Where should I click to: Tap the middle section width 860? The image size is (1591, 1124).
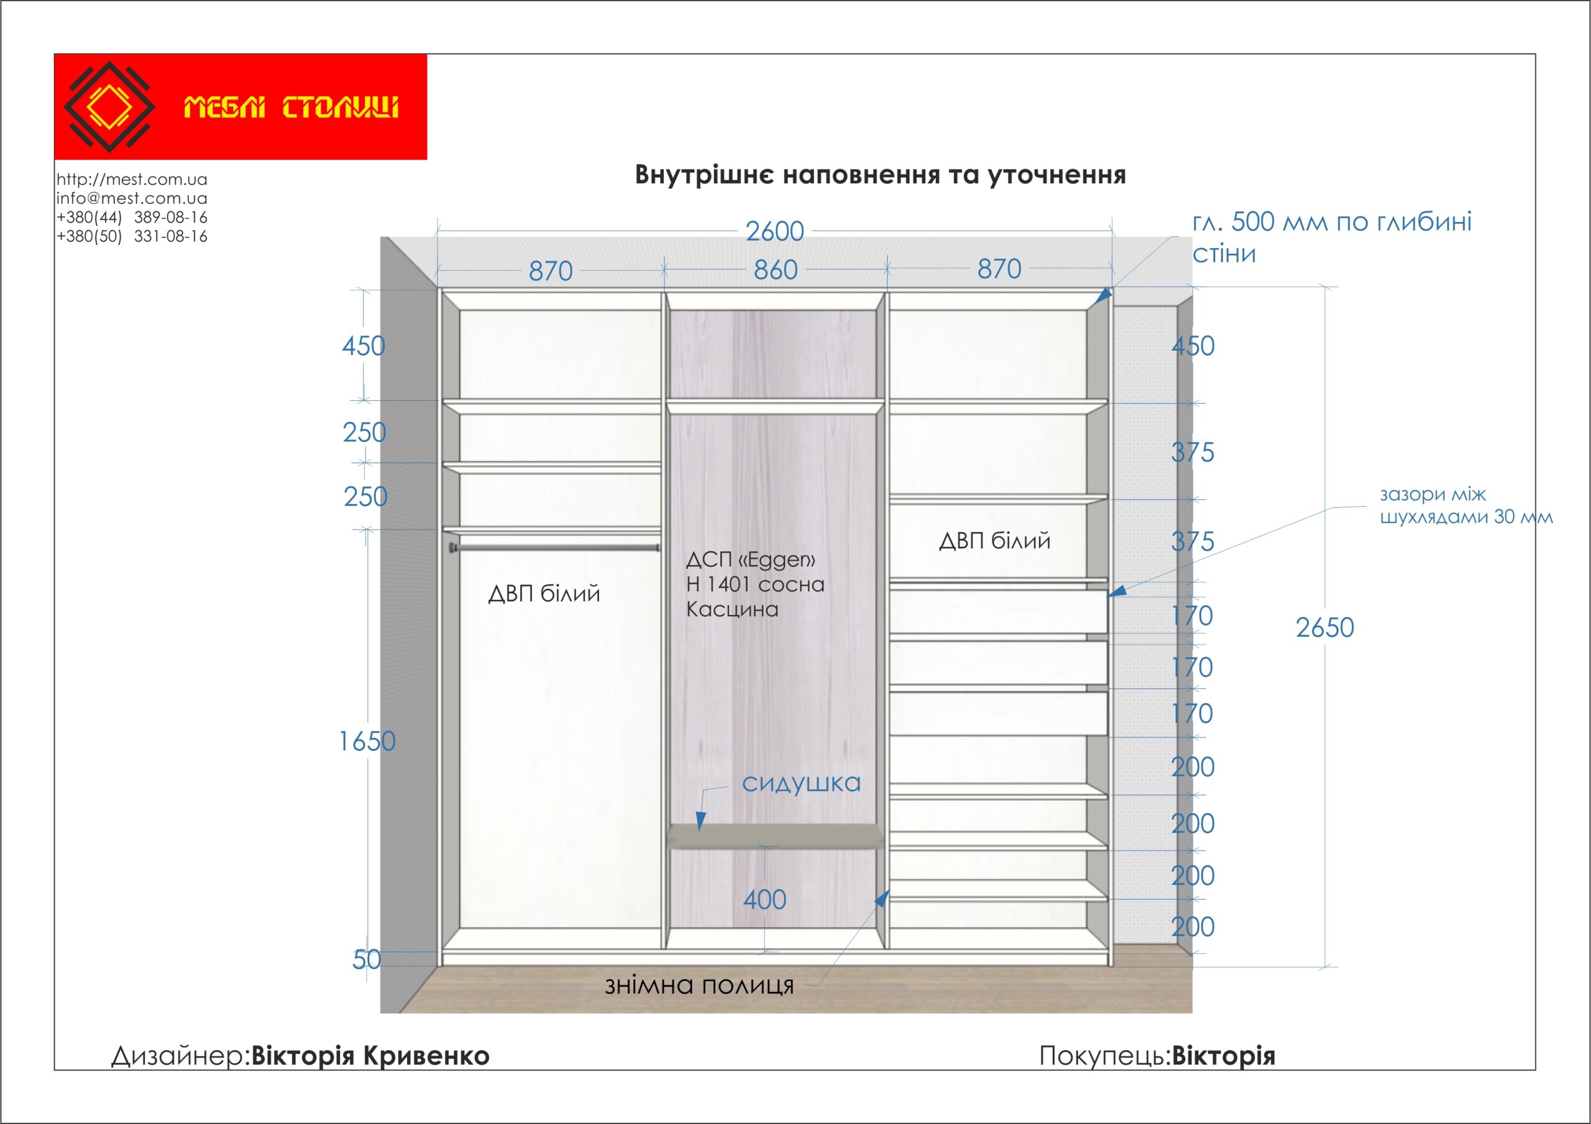(x=776, y=270)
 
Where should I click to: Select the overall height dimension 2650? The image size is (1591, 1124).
(x=1324, y=628)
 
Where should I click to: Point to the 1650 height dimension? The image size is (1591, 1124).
(x=367, y=742)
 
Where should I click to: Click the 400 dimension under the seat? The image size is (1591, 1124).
(x=764, y=900)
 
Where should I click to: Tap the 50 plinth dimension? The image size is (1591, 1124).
(x=367, y=960)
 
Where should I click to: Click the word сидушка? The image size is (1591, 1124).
(x=801, y=784)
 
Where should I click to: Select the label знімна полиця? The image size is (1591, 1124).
(x=699, y=985)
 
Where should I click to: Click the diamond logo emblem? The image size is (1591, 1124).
(x=109, y=107)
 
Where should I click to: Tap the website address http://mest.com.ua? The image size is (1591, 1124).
(x=132, y=180)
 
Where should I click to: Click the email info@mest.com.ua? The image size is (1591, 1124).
(x=132, y=198)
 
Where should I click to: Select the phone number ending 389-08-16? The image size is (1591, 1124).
(x=132, y=217)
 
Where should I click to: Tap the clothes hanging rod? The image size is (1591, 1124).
(x=554, y=548)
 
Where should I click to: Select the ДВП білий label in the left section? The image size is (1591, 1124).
(x=544, y=594)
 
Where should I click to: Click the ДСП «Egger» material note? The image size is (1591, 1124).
(x=755, y=584)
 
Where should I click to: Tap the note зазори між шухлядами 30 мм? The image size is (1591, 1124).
(x=1465, y=505)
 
